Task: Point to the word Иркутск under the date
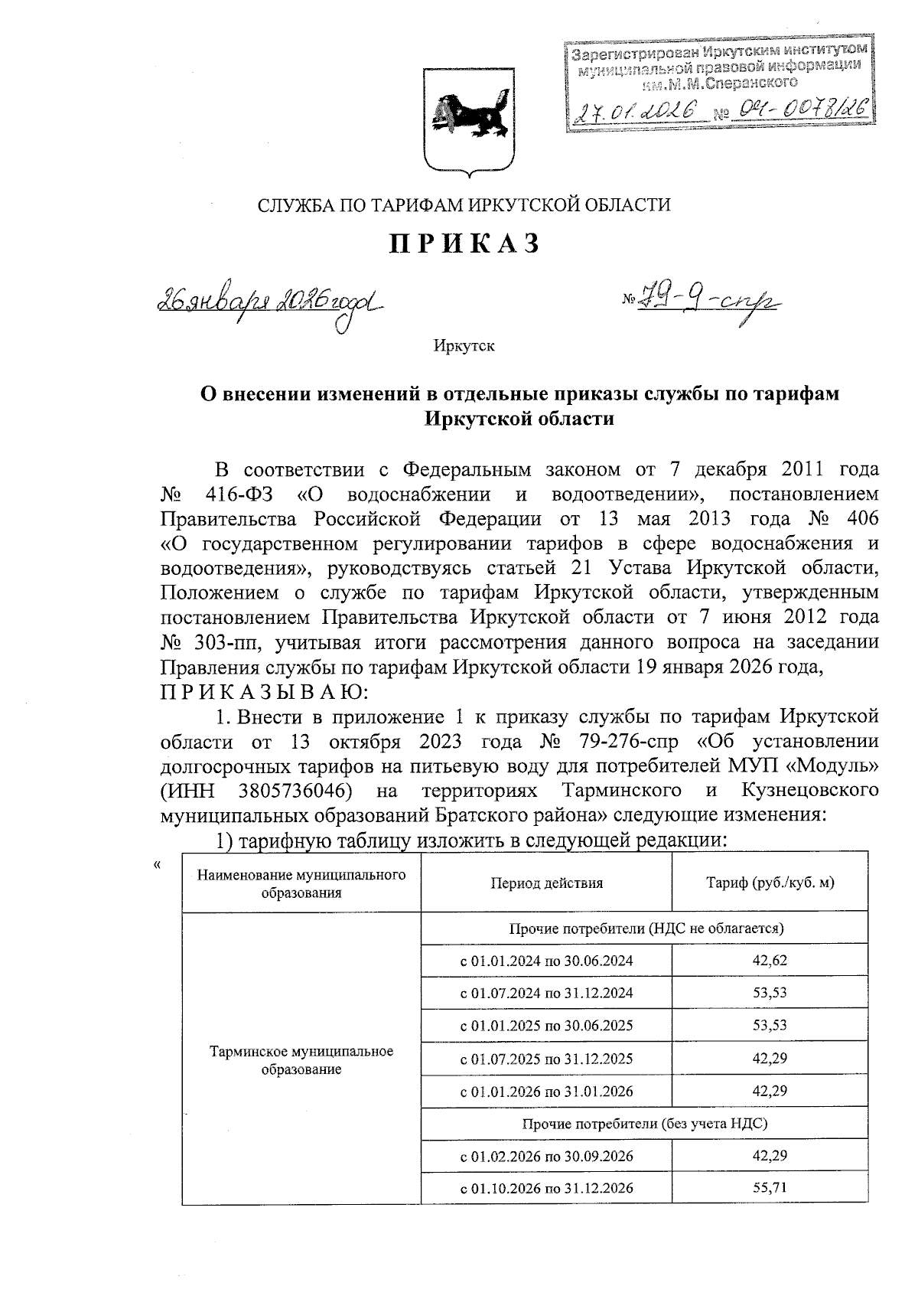click(x=464, y=346)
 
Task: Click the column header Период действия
click(x=546, y=883)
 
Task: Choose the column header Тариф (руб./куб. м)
click(x=769, y=883)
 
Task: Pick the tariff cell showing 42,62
click(x=769, y=961)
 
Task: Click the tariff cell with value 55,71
click(x=769, y=1188)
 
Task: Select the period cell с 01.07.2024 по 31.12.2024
click(x=546, y=993)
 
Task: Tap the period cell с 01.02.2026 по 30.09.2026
click(x=546, y=1156)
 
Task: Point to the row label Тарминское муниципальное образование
click(x=301, y=1060)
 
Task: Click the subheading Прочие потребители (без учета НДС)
click(x=644, y=1124)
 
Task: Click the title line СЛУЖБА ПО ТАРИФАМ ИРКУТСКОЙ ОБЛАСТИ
click(x=464, y=205)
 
